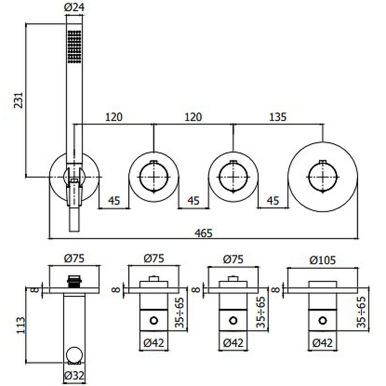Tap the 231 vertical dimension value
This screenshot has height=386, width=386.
pos(18,100)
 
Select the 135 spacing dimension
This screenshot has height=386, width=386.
pos(277,116)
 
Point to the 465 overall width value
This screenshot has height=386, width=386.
pos(204,233)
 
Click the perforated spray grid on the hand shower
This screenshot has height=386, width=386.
pos(74,46)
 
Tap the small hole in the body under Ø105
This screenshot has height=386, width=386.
pos(322,320)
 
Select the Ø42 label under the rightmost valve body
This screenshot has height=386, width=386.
pos(322,343)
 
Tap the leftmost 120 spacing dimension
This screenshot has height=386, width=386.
pos(114,116)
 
